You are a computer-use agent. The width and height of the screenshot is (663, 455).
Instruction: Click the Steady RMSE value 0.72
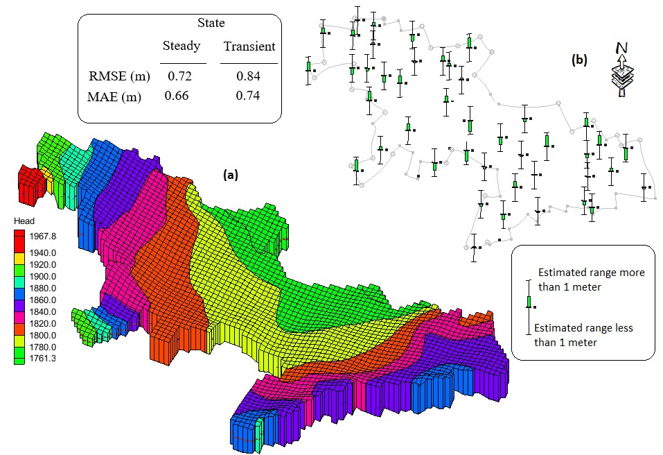coord(179,76)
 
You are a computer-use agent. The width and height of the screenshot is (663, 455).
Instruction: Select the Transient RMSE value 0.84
coord(248,76)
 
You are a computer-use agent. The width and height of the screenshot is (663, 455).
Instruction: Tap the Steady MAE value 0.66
coord(177,96)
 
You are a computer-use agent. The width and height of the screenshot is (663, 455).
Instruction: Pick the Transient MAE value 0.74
coord(248,96)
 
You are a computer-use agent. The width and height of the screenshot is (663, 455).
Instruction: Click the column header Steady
coord(182,46)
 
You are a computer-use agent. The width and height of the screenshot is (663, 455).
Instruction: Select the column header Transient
coord(249,46)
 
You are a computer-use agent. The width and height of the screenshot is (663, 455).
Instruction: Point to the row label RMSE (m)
coord(119,76)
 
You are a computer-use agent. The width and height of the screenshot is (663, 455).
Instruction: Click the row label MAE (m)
coord(114,97)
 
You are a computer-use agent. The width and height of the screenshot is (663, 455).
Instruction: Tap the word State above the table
coord(211,23)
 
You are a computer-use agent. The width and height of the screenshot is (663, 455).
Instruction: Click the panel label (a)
coord(231,174)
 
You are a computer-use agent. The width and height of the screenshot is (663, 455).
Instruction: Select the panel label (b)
coord(579,60)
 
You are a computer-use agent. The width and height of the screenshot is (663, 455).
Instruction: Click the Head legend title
coord(24,221)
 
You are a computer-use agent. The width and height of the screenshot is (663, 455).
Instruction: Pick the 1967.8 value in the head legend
coord(43,237)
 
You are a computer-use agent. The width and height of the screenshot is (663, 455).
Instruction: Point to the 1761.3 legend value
coord(43,359)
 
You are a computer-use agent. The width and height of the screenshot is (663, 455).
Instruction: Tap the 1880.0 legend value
coord(43,289)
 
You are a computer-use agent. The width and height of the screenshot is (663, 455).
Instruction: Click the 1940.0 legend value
coord(43,253)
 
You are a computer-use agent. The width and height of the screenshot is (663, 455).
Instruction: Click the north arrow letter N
coord(621,49)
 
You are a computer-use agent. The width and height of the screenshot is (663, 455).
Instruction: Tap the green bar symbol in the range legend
coord(529,302)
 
